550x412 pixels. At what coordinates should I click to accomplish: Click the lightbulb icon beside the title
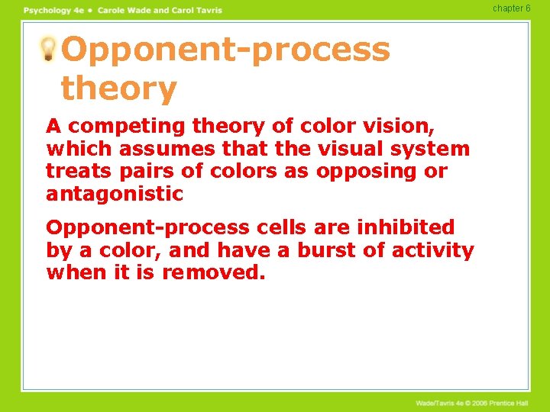click(x=48, y=50)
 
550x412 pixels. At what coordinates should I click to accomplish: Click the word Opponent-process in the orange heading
click(x=225, y=50)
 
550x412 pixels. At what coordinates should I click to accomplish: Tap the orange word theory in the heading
click(x=118, y=89)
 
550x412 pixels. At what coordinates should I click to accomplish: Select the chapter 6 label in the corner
click(x=511, y=8)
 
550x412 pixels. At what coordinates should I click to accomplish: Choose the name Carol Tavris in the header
click(x=194, y=10)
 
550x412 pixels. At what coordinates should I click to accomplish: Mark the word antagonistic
click(x=115, y=195)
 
